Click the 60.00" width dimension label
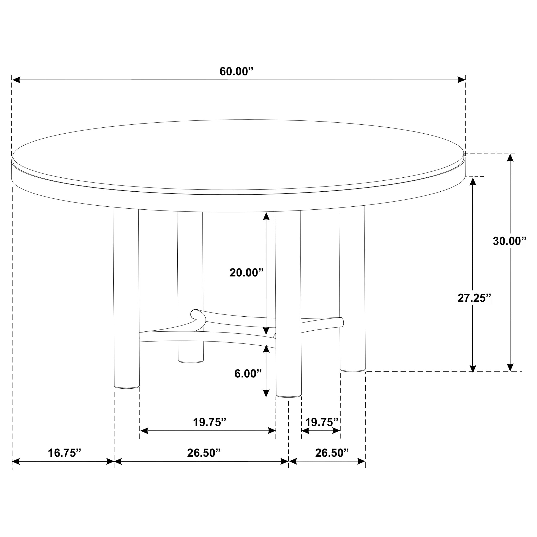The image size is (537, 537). [236, 72]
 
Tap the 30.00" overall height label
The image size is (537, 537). [510, 241]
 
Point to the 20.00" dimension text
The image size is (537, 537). [246, 273]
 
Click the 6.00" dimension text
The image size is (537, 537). [248, 374]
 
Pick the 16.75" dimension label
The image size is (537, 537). [64, 453]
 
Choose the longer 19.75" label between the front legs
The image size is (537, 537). [210, 422]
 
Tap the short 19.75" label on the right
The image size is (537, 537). [322, 422]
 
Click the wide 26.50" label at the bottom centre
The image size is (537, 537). [203, 453]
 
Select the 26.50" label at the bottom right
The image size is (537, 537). [332, 453]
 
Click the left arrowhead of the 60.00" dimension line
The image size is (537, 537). [16, 80]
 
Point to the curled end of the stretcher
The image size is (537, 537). [196, 314]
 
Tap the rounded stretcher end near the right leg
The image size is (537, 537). [341, 321]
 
